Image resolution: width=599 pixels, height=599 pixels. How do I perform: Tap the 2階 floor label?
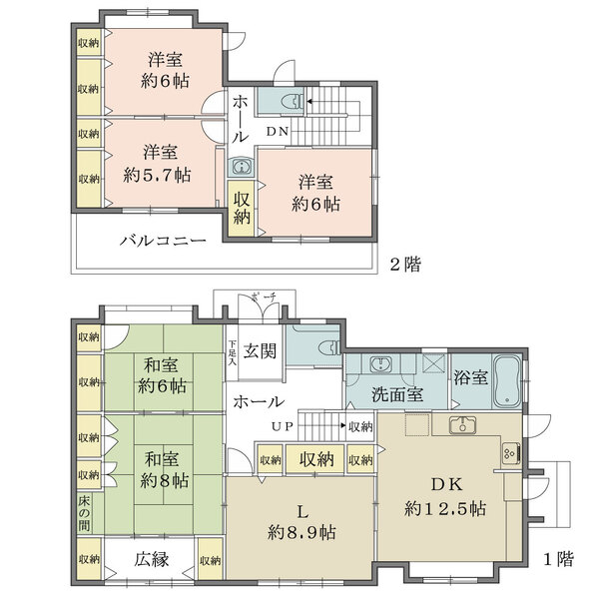point(404,265)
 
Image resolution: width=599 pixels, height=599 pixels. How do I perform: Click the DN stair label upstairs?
point(278,129)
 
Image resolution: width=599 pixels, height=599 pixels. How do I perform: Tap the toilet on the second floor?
point(291,100)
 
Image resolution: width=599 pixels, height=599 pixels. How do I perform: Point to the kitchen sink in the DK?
point(463,426)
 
